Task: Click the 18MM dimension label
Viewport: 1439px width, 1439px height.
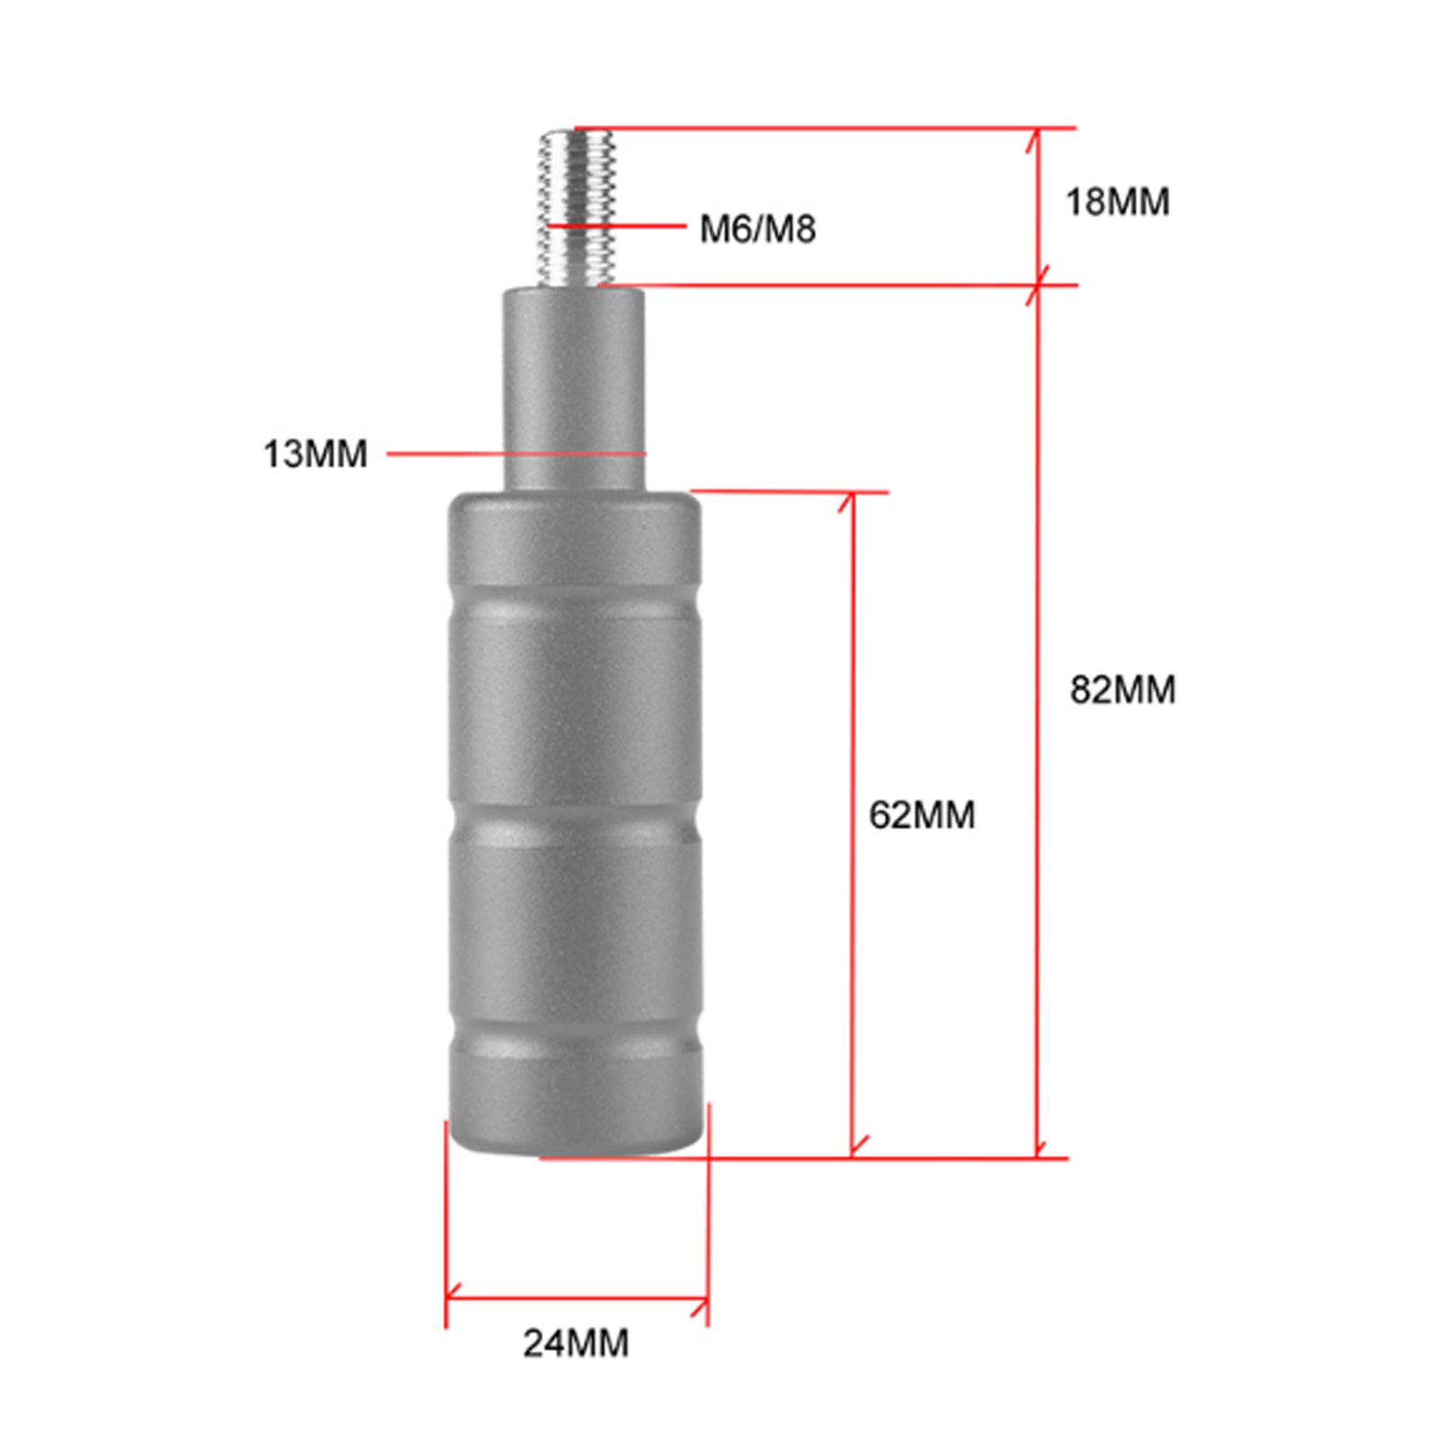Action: [x=1117, y=201]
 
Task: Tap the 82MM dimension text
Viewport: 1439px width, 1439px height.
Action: [x=1122, y=690]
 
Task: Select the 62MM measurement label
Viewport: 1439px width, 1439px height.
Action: [x=921, y=815]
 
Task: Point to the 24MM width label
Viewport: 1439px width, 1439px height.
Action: [x=576, y=1343]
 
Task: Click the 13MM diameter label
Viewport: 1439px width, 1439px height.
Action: [x=315, y=453]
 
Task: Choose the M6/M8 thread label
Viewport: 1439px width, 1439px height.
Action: [x=757, y=228]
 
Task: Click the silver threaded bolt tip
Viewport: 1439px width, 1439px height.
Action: [x=577, y=207]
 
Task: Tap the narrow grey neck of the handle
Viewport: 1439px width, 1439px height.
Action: [x=574, y=387]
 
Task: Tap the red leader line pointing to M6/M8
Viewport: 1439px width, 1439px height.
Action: [x=630, y=225]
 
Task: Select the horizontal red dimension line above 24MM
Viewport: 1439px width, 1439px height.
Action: [x=576, y=1298]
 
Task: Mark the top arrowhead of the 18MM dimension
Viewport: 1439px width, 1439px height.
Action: [x=1036, y=135]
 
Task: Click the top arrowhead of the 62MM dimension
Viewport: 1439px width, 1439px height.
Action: [x=851, y=499]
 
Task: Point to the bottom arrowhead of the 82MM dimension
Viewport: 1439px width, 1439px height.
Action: [x=1038, y=1149]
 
